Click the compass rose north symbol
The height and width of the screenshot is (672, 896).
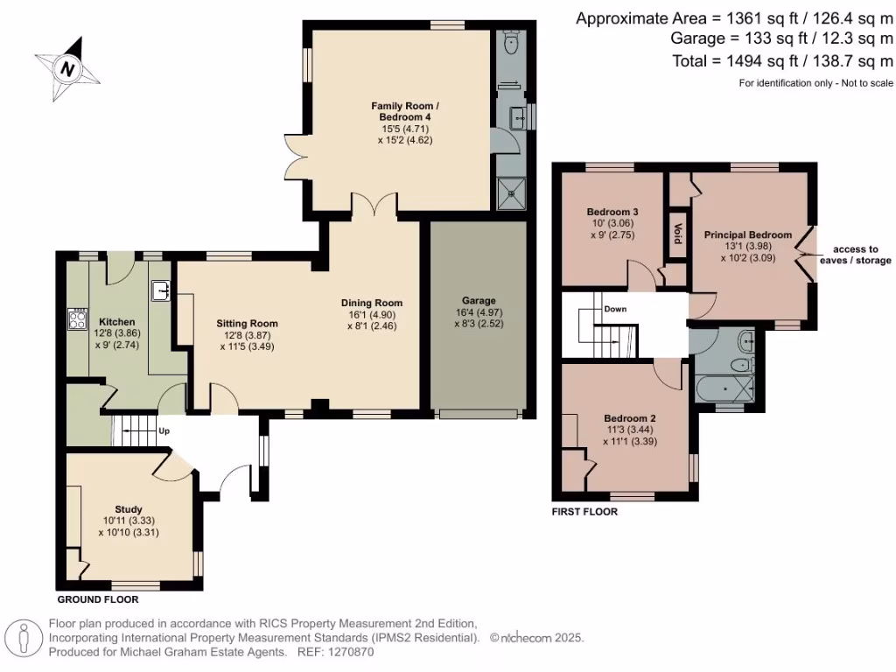66,66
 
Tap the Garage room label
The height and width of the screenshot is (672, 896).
479,300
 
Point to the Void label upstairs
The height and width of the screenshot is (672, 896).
676,234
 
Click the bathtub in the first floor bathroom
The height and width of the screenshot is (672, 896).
725,386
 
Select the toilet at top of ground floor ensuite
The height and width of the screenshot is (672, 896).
511,43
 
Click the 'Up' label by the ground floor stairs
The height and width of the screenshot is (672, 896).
164,430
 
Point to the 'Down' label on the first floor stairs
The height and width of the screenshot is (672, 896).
615,309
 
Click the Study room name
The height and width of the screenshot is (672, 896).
129,509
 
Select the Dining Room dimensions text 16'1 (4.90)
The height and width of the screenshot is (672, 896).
371,315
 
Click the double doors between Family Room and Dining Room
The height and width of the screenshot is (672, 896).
376,206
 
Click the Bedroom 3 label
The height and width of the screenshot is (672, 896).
612,212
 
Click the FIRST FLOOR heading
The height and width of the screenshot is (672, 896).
584,512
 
